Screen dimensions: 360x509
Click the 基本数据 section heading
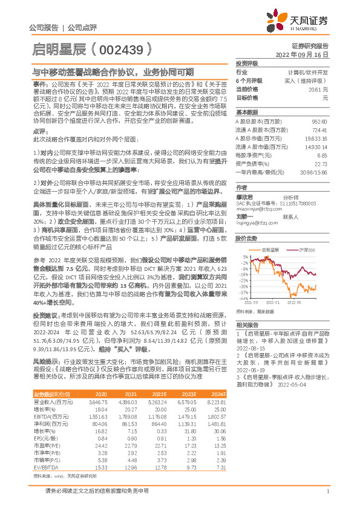pyautogui.click(x=247, y=112)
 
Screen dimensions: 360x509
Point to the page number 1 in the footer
pyautogui.click(x=327, y=491)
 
